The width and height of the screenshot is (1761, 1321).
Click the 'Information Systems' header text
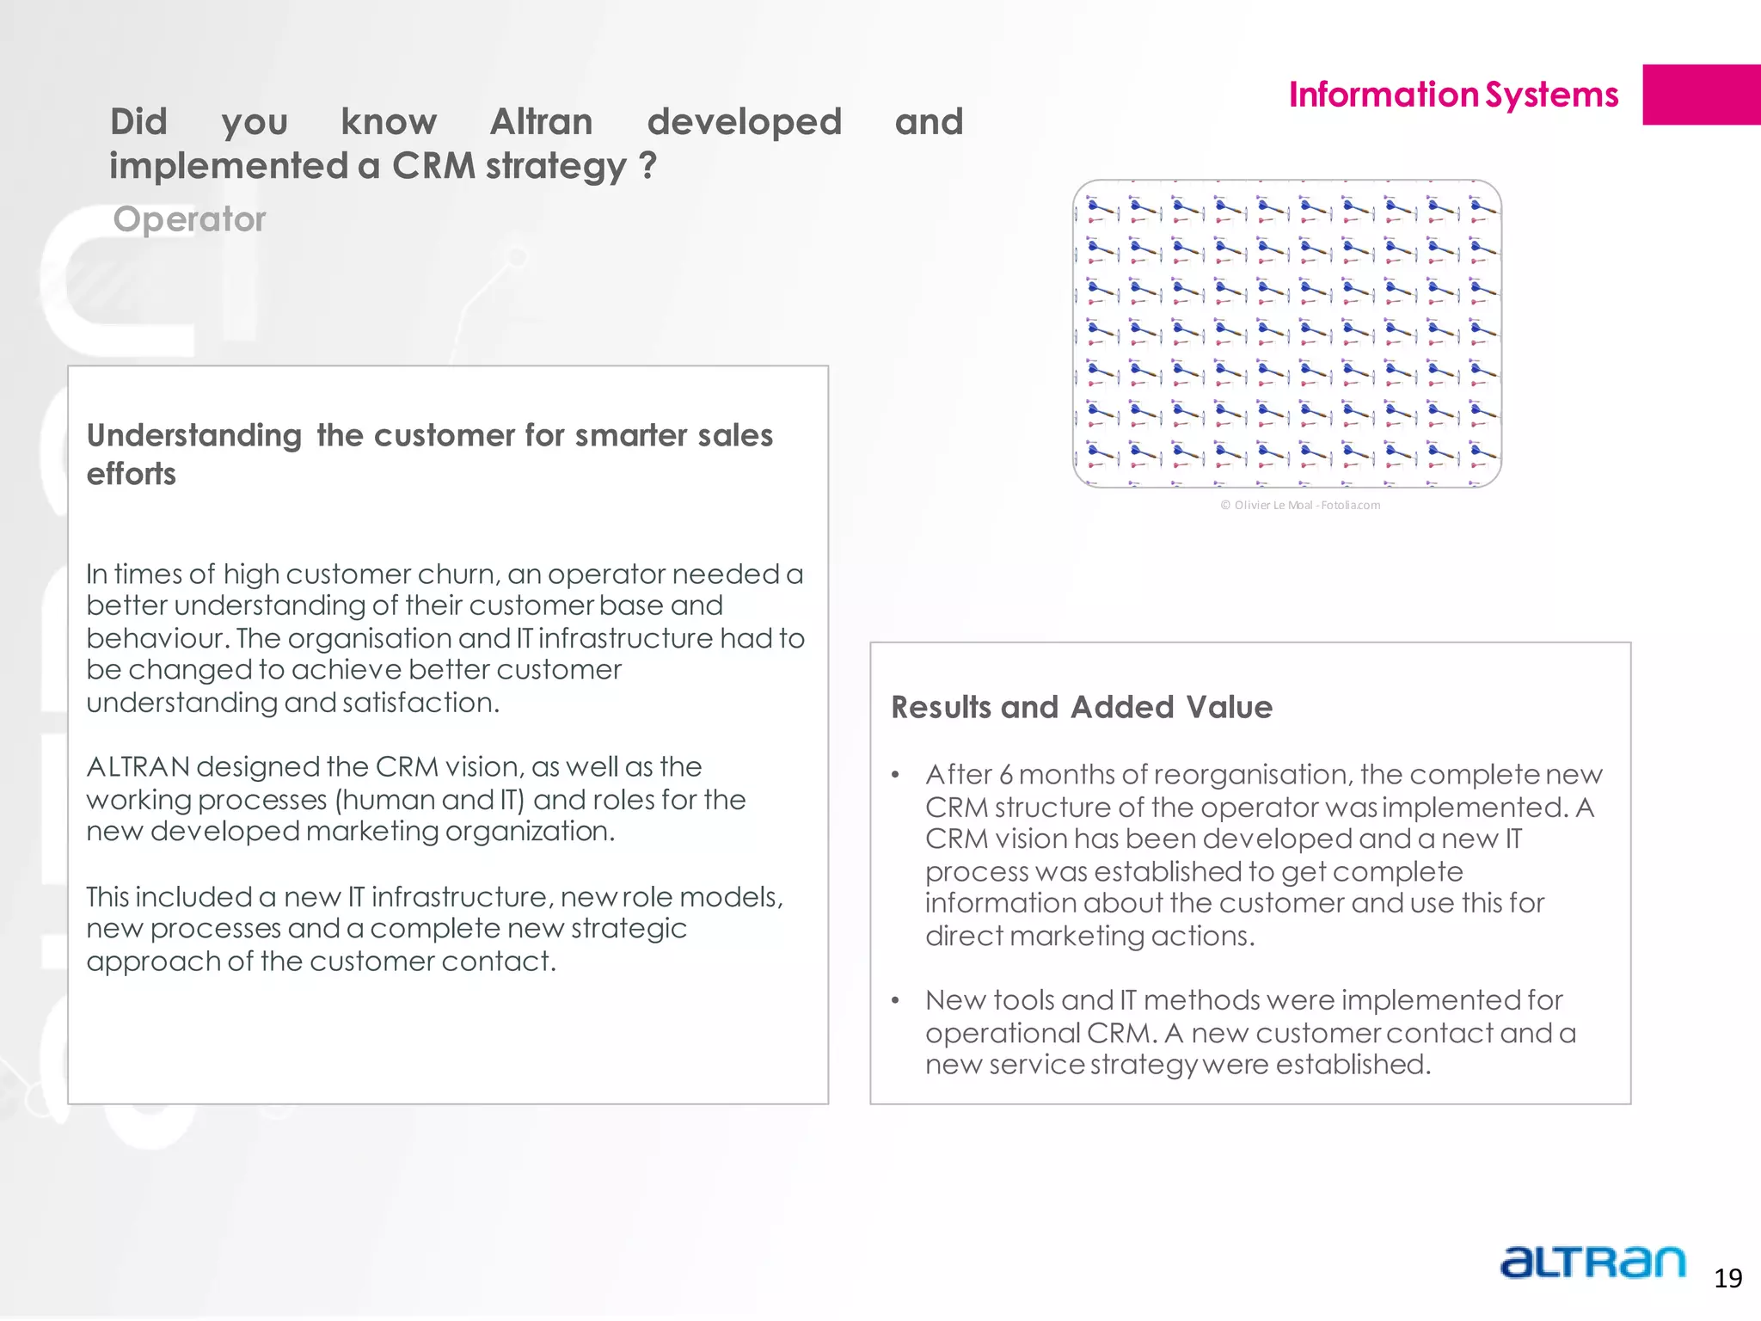pos(1453,95)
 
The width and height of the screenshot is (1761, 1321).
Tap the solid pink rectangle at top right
pos(1701,95)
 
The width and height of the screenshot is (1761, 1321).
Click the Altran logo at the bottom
pos(1592,1263)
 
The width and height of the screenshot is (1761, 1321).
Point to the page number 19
pos(1727,1279)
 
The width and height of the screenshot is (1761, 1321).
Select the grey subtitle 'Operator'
pos(189,219)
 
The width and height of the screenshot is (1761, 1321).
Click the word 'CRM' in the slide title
pos(433,166)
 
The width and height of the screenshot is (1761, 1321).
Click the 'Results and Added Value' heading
pos(1082,707)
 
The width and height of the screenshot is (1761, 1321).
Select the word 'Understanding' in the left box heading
pos(194,436)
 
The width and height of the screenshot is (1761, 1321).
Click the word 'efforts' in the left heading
pos(132,474)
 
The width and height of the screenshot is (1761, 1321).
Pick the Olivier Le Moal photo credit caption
pos(1300,505)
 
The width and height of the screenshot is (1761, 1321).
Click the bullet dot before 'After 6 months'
pos(895,776)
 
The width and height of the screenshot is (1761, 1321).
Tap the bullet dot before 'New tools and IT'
pos(895,1001)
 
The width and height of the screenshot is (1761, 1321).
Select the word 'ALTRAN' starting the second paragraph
pos(138,766)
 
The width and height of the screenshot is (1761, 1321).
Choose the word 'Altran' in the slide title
pos(542,122)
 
